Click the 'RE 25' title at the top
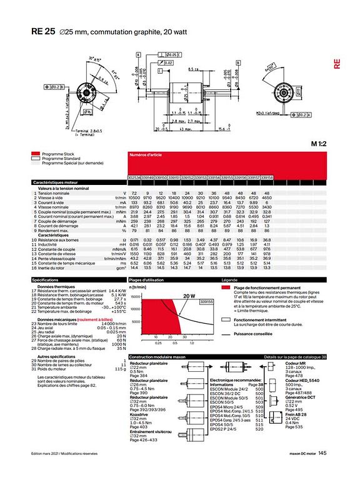coord(43,31)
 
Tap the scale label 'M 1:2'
coord(319,143)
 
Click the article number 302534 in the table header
coord(134,178)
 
